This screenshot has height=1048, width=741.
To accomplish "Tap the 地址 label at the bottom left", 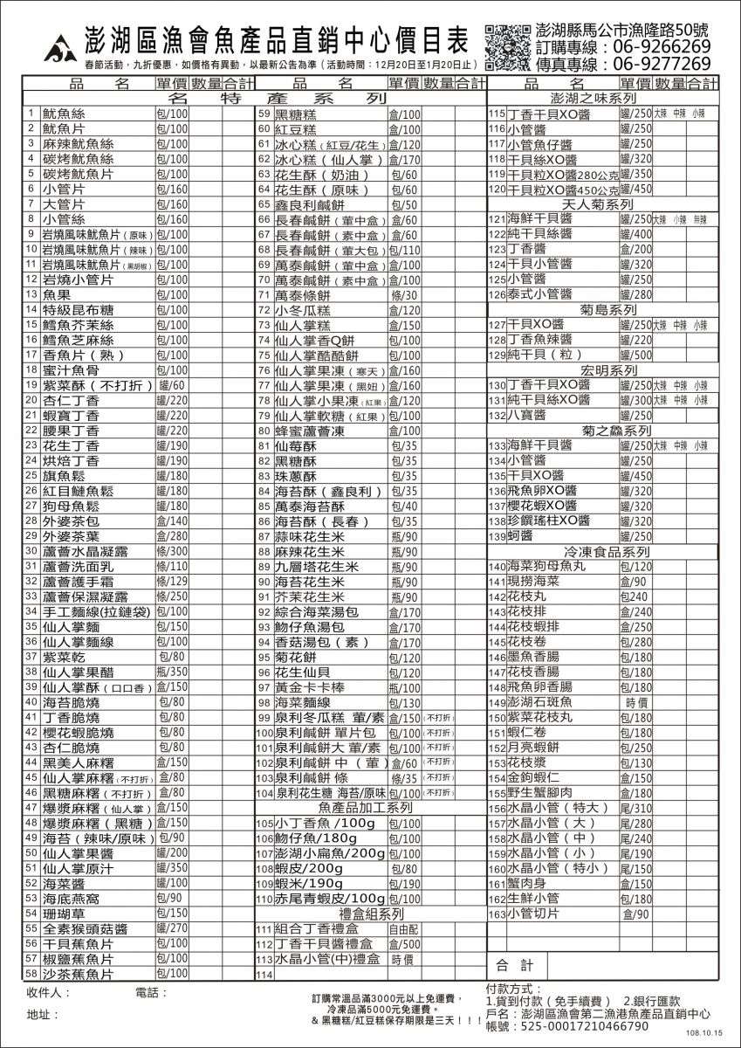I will click(x=39, y=1015).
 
